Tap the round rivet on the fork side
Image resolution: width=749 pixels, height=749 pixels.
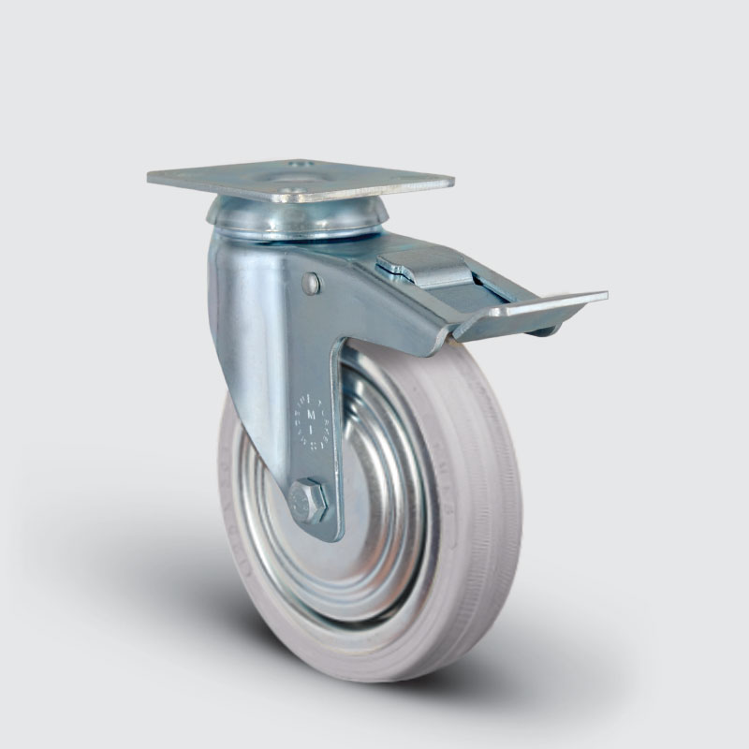[311, 284]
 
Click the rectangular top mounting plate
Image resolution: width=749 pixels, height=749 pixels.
[300, 178]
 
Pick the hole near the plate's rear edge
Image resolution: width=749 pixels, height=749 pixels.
[300, 165]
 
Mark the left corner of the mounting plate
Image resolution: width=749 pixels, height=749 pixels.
[150, 176]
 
